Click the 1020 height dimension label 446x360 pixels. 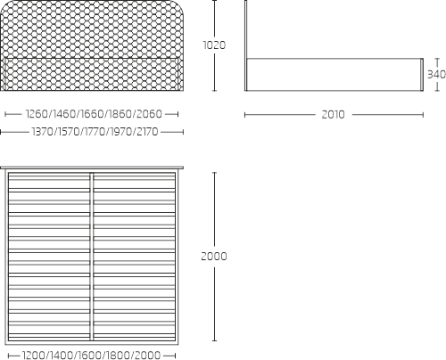tap(214, 45)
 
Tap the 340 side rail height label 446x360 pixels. tap(436, 74)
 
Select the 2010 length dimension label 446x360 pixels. tap(333, 115)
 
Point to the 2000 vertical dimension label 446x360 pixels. tap(214, 256)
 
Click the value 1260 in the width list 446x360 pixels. tap(37, 114)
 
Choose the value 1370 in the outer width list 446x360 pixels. tap(43, 132)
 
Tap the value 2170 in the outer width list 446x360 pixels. tap(147, 132)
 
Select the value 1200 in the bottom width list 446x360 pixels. tap(34, 355)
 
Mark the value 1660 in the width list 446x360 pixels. tap(93, 114)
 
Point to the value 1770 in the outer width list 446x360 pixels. tap(95, 132)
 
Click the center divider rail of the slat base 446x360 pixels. tap(92, 257)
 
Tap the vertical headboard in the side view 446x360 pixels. tap(245, 45)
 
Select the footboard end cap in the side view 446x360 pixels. tap(422, 75)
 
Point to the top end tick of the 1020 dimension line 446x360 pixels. tap(214, 1)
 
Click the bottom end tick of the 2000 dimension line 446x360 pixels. tap(214, 340)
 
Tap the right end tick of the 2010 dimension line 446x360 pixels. tap(423, 115)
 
